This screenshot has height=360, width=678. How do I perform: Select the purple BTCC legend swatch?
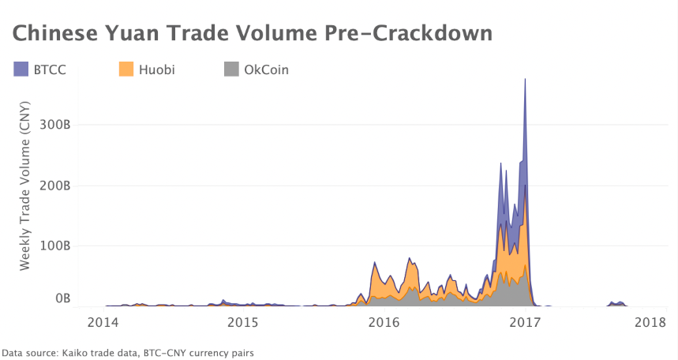pyautogui.click(x=21, y=69)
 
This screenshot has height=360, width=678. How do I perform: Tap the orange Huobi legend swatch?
pyautogui.click(x=125, y=69)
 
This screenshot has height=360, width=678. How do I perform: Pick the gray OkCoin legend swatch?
pyautogui.click(x=231, y=69)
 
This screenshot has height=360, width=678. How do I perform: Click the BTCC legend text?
pyautogui.click(x=50, y=69)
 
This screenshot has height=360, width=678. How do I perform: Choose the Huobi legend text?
pyautogui.click(x=156, y=69)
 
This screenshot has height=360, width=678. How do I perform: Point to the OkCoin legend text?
pyautogui.click(x=267, y=69)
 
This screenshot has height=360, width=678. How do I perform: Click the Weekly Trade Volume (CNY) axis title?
pyautogui.click(x=25, y=186)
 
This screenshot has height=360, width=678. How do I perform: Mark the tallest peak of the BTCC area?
pyautogui.click(x=525, y=80)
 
